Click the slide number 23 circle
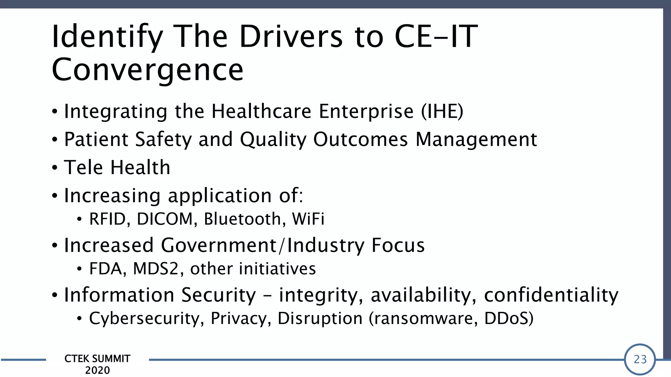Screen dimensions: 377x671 click(x=640, y=359)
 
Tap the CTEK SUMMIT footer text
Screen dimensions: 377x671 click(x=97, y=359)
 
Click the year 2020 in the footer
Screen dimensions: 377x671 click(x=97, y=370)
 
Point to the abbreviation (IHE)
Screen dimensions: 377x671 click(x=442, y=111)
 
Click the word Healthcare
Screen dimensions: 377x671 click(x=261, y=111)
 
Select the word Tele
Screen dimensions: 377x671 click(x=83, y=168)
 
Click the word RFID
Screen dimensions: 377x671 click(x=107, y=219)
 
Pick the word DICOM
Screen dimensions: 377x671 click(x=165, y=219)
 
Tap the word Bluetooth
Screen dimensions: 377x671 click(x=242, y=219)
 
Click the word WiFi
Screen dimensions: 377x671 click(x=308, y=219)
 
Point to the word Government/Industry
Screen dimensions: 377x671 click(x=262, y=245)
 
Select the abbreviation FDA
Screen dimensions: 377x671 click(x=107, y=269)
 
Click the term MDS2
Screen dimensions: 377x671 click(x=156, y=269)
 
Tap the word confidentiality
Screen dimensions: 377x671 click(x=551, y=295)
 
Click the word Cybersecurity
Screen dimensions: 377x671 click(x=144, y=319)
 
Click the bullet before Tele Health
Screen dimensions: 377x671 click(x=55, y=168)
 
